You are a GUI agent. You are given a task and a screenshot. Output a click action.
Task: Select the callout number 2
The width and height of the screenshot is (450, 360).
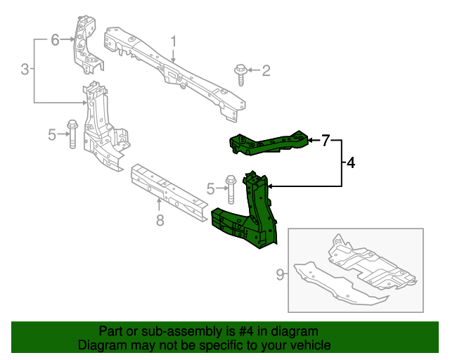click(x=266, y=70)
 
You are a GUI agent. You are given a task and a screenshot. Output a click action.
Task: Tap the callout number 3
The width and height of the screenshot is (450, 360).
click(x=25, y=69)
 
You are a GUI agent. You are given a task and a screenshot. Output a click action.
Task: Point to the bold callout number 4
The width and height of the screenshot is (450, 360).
click(x=350, y=163)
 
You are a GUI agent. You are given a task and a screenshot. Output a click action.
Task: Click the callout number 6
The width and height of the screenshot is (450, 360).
click(x=56, y=40)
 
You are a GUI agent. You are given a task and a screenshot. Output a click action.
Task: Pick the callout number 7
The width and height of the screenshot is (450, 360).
click(x=326, y=141)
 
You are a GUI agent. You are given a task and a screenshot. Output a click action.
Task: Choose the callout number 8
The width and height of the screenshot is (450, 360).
click(x=160, y=221)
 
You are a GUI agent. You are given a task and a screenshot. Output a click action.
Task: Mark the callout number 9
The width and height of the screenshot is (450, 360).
click(x=280, y=274)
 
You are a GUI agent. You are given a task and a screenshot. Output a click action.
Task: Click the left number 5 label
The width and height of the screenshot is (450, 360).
click(x=52, y=134)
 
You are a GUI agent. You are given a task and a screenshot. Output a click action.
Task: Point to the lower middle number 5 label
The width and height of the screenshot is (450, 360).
click(x=210, y=188)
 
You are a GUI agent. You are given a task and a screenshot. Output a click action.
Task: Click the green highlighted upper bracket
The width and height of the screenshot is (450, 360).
click(x=271, y=143)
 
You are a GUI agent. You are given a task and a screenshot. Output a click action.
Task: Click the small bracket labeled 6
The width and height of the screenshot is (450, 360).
click(x=86, y=42)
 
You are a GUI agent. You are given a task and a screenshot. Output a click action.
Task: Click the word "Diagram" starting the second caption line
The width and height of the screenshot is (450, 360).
click(x=99, y=346)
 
